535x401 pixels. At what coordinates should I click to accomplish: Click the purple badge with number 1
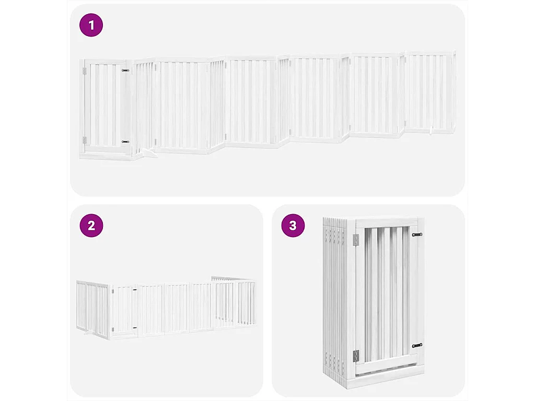pyautogui.click(x=91, y=25)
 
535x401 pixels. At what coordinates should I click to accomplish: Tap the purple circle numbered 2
pyautogui.click(x=91, y=226)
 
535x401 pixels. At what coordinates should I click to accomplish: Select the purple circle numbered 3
pyautogui.click(x=293, y=226)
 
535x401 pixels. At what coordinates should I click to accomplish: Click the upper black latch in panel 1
pyautogui.click(x=125, y=70)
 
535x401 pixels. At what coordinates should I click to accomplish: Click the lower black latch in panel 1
pyautogui.click(x=125, y=141)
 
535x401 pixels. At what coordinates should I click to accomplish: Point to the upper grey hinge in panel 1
pyautogui.click(x=84, y=71)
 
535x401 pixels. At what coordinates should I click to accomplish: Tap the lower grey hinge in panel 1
pyautogui.click(x=84, y=140)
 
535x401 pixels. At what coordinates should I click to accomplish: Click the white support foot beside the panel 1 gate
pyautogui.click(x=148, y=153)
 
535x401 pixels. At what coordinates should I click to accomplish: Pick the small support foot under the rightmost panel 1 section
pyautogui.click(x=431, y=131)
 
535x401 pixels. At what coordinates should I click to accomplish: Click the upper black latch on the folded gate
pyautogui.click(x=416, y=235)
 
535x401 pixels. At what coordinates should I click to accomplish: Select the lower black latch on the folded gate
pyautogui.click(x=416, y=345)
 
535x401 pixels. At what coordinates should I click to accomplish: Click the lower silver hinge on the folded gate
pyautogui.click(x=356, y=356)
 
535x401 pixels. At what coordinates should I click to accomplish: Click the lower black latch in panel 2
pyautogui.click(x=134, y=328)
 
